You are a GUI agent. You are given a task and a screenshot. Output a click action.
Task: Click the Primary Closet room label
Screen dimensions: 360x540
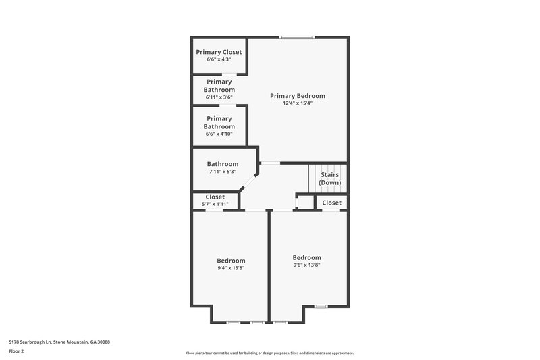[x=219, y=52]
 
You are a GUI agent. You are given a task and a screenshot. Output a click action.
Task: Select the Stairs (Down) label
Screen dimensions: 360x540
[x=330, y=178]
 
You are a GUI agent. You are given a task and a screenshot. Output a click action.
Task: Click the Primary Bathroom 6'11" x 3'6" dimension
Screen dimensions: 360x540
[x=219, y=97]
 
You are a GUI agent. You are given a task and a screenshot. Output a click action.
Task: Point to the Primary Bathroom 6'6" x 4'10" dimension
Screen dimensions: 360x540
[x=219, y=134]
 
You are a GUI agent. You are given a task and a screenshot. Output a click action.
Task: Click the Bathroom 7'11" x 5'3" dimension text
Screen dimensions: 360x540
[x=222, y=172]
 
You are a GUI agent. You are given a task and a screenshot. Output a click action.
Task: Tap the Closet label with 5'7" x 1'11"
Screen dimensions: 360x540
[x=215, y=197]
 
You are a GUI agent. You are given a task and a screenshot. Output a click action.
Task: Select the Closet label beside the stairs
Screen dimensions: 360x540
[x=331, y=203]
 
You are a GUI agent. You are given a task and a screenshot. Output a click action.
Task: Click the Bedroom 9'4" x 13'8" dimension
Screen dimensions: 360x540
[x=231, y=268]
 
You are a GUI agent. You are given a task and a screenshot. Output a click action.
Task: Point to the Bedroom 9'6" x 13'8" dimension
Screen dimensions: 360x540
[x=306, y=265]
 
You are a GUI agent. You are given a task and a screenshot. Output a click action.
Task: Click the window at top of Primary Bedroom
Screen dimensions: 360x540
[x=296, y=37]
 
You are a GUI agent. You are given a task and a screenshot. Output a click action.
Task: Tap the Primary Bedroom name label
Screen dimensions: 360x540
[x=298, y=96]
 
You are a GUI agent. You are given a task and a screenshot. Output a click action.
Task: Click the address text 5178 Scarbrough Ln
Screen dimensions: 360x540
[x=59, y=342]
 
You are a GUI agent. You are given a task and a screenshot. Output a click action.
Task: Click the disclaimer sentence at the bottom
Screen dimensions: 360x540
[x=269, y=353]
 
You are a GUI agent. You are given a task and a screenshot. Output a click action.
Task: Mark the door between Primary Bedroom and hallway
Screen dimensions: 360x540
[x=270, y=163]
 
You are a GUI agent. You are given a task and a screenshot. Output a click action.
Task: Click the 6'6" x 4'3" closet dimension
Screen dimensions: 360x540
[x=219, y=59]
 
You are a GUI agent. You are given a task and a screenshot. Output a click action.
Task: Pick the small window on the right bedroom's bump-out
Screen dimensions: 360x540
[x=321, y=306]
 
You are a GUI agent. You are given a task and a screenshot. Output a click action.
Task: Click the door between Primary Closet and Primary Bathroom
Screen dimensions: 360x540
[x=230, y=74]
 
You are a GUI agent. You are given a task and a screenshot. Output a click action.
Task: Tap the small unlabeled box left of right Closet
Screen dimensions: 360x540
[x=305, y=202]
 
